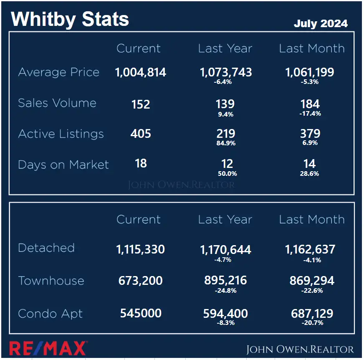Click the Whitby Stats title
[x=70, y=19]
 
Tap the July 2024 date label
[x=321, y=23]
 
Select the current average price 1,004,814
[x=141, y=72]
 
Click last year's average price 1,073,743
[x=226, y=72]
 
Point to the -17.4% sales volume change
[x=310, y=114]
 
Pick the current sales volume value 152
[x=141, y=104]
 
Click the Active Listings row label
[x=61, y=134]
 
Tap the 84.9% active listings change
[x=226, y=143]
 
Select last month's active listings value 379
[x=310, y=134]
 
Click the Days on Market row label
[x=63, y=165]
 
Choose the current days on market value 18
[x=141, y=163]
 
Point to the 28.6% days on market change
[x=310, y=173]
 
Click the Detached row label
[x=46, y=248]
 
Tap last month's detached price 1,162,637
[x=310, y=250]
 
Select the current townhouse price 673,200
[x=141, y=281]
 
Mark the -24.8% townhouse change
[x=226, y=291]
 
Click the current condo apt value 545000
[x=141, y=314]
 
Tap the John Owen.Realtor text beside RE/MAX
[x=300, y=349]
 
